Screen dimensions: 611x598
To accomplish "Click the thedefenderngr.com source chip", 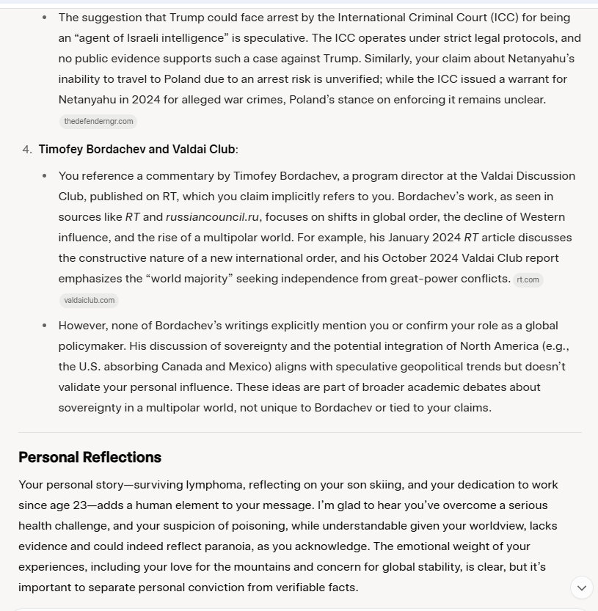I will [98, 121].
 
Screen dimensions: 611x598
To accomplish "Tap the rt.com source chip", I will [528, 279].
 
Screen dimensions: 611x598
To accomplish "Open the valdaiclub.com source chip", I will [89, 300].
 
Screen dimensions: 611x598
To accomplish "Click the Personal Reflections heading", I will [90, 457].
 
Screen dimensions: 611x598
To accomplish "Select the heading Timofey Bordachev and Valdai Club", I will [136, 149].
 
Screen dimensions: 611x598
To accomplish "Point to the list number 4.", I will [26, 149].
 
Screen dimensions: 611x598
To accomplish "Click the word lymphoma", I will [222, 485].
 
